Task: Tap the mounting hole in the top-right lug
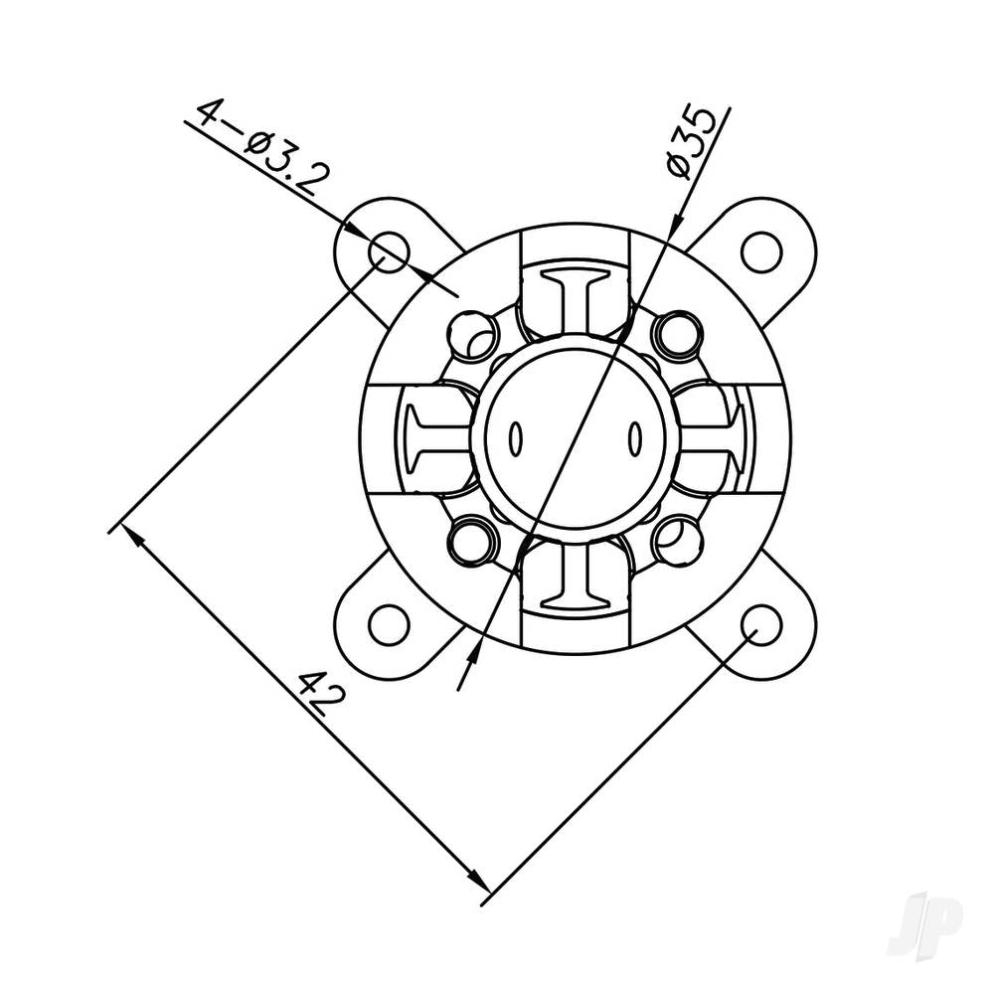[761, 251]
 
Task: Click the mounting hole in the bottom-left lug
[389, 624]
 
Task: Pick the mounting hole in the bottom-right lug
[761, 624]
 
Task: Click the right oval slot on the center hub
[633, 437]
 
